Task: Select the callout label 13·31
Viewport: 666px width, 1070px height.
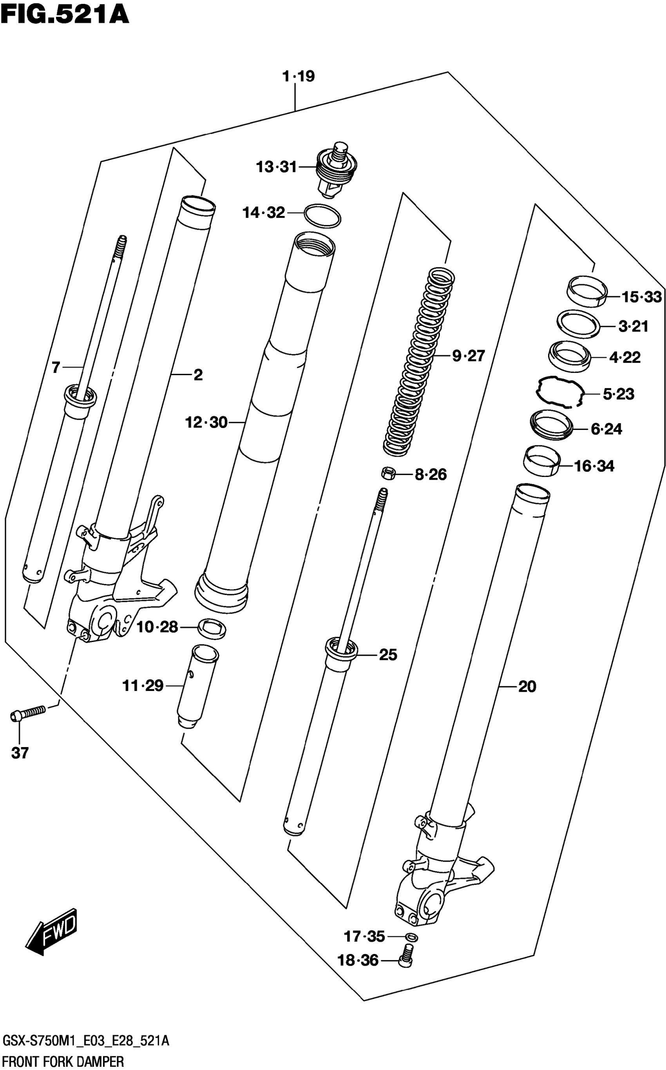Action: point(277,167)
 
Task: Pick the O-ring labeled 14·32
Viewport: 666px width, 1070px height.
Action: point(322,216)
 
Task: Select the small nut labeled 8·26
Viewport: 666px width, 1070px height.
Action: point(387,473)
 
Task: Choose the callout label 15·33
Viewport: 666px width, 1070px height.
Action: point(641,297)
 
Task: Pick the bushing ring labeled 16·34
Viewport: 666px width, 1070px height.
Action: point(542,461)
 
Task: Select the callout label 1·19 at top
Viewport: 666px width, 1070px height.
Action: point(299,76)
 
